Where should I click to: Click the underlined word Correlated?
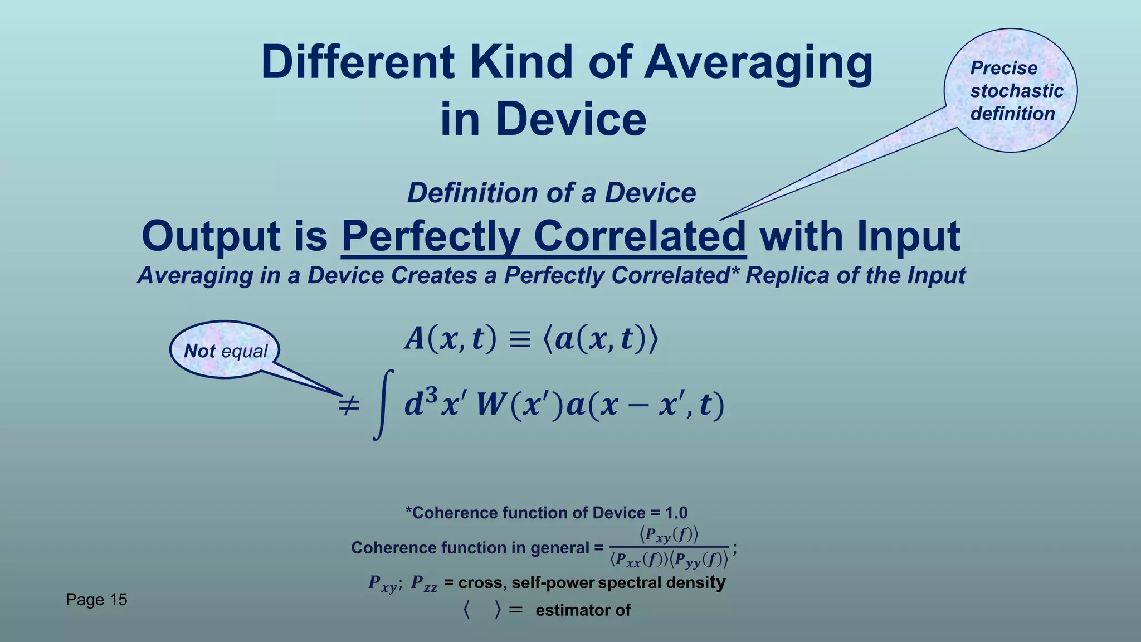tap(640, 236)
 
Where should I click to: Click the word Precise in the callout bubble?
tap(1003, 68)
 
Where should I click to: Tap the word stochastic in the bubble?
tap(1017, 91)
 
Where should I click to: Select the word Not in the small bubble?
tap(199, 351)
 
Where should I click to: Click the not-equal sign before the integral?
tap(349, 405)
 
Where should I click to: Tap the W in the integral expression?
tap(490, 405)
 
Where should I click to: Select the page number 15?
tap(118, 600)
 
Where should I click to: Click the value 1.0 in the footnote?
tap(676, 513)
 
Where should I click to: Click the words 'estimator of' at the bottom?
tap(583, 610)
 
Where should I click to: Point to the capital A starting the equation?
tap(415, 339)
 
